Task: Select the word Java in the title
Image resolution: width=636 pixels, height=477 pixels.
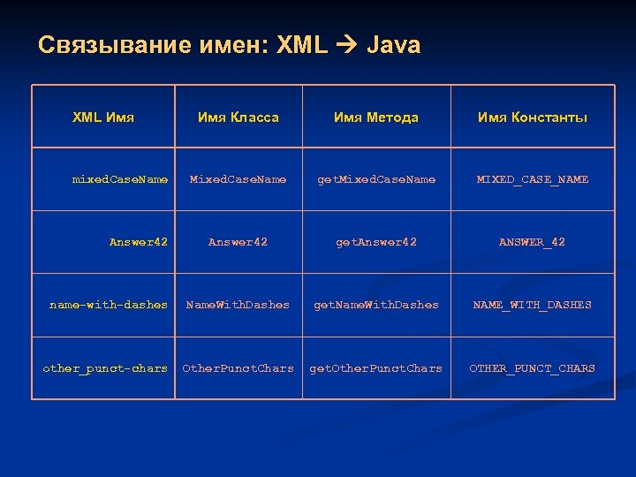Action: click(x=393, y=45)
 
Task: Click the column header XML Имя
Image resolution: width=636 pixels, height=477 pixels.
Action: click(x=102, y=117)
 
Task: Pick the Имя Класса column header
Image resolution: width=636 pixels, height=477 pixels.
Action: click(x=238, y=117)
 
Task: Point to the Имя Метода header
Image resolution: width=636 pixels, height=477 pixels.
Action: click(x=376, y=117)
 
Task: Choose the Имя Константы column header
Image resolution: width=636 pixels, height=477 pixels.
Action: click(x=532, y=117)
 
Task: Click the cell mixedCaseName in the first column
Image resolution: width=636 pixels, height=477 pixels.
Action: click(x=119, y=179)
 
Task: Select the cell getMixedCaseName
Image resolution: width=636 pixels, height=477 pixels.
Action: click(x=376, y=179)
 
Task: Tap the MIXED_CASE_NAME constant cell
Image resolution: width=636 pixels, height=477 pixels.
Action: click(x=532, y=179)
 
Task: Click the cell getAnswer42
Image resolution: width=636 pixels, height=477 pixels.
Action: click(x=376, y=242)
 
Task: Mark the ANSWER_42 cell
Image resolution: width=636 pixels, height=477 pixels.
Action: click(x=532, y=242)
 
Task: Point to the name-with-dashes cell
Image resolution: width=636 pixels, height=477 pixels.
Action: click(x=109, y=305)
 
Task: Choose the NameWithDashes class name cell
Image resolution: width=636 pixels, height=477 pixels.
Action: click(x=238, y=305)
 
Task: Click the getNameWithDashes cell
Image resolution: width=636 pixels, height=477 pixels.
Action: click(x=376, y=305)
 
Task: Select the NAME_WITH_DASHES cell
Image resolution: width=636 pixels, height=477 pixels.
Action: click(x=532, y=305)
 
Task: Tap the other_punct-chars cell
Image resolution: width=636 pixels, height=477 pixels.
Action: click(x=105, y=368)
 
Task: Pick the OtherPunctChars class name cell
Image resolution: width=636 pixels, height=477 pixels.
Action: click(x=238, y=368)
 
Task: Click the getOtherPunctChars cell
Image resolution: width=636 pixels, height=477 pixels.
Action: click(x=376, y=368)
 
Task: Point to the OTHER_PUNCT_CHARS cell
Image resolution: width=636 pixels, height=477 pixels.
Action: click(x=532, y=368)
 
